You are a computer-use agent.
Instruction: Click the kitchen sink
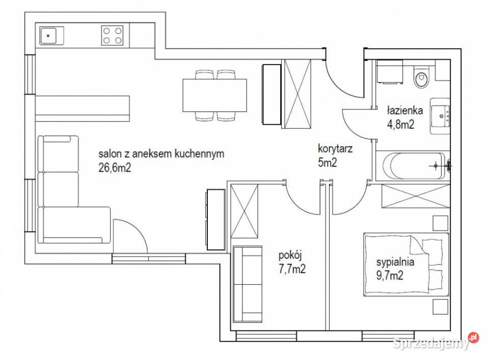coord(49,36)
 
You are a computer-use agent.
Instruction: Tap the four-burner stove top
coord(112,36)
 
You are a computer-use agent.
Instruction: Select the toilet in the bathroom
coord(421,77)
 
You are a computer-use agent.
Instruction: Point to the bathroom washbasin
coord(440,116)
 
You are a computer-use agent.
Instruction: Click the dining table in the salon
coord(214,95)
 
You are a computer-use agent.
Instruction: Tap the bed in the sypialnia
coord(406,264)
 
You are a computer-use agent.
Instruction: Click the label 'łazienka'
coord(405,110)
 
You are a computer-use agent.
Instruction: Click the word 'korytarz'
coord(335,149)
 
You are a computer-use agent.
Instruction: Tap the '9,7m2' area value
coord(390,275)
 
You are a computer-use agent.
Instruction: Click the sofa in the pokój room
coord(248,284)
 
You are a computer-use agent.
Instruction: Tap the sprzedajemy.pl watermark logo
coord(436,342)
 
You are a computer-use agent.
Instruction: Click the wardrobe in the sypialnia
coord(416,196)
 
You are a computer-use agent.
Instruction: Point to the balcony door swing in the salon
coord(130,236)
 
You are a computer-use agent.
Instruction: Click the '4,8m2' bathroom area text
coord(401,125)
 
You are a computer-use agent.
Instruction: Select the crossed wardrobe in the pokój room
coord(244,211)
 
